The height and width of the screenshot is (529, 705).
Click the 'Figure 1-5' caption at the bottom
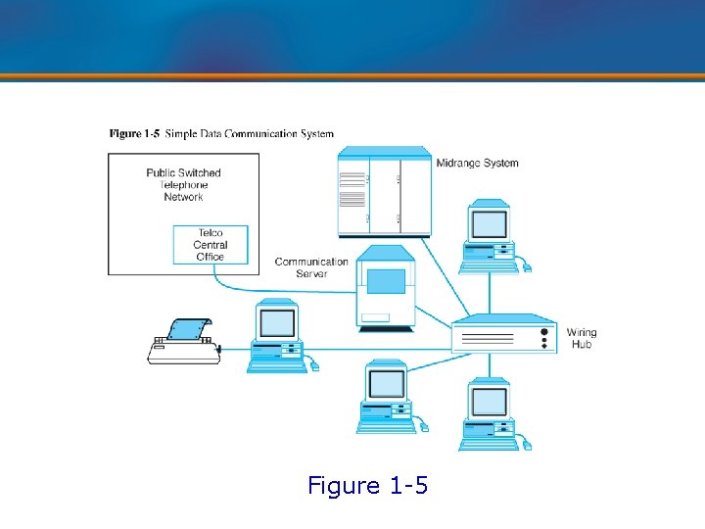[x=367, y=485]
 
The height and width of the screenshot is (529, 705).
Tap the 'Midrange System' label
[x=477, y=163]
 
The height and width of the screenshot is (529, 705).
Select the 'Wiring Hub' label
[x=581, y=339]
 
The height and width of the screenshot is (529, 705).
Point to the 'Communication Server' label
[x=311, y=267]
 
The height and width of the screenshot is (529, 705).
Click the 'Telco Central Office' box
[x=211, y=245]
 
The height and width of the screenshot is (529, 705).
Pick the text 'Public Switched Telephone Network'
[x=184, y=184]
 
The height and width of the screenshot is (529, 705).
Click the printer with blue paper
[x=183, y=342]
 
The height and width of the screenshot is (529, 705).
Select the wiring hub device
[x=503, y=334]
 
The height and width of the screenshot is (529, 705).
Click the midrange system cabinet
[x=384, y=192]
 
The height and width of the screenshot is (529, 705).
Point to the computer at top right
[x=491, y=236]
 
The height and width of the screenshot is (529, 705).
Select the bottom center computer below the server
[x=388, y=397]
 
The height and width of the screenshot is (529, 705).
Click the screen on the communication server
[x=386, y=281]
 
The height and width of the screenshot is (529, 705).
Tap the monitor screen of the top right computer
[x=490, y=223]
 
